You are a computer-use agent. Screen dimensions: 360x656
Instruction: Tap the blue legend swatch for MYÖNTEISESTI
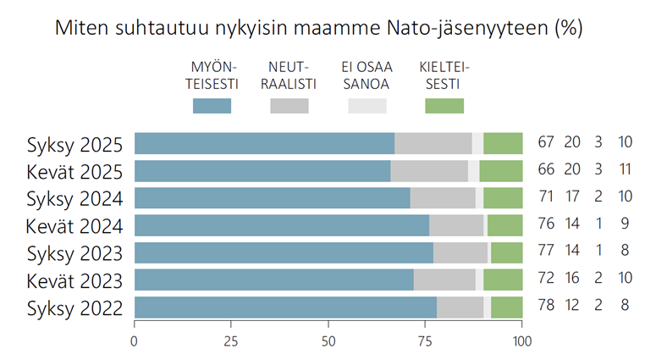click(x=212, y=106)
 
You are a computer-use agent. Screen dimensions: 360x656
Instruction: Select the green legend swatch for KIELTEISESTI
click(x=444, y=106)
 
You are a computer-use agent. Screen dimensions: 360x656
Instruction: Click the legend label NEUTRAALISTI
click(x=289, y=75)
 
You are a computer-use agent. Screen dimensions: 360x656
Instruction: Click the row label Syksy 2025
click(x=75, y=143)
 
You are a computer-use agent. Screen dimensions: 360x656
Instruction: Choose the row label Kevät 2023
click(x=75, y=280)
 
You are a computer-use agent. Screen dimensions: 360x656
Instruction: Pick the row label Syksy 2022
click(x=75, y=307)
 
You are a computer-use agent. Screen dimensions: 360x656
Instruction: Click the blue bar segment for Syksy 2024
click(x=272, y=198)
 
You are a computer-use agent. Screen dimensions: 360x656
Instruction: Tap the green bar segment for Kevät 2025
click(x=501, y=170)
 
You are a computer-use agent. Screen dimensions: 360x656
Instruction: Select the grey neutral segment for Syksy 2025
click(x=433, y=143)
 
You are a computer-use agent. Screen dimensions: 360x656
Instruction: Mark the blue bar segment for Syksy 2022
click(x=285, y=307)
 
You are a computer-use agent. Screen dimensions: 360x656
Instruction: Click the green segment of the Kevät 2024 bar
click(x=504, y=225)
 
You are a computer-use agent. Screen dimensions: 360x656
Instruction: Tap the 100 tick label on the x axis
click(x=522, y=341)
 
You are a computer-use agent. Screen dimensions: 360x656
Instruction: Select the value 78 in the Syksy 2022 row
click(x=547, y=307)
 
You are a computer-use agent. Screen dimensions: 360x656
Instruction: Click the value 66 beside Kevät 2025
click(x=547, y=170)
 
